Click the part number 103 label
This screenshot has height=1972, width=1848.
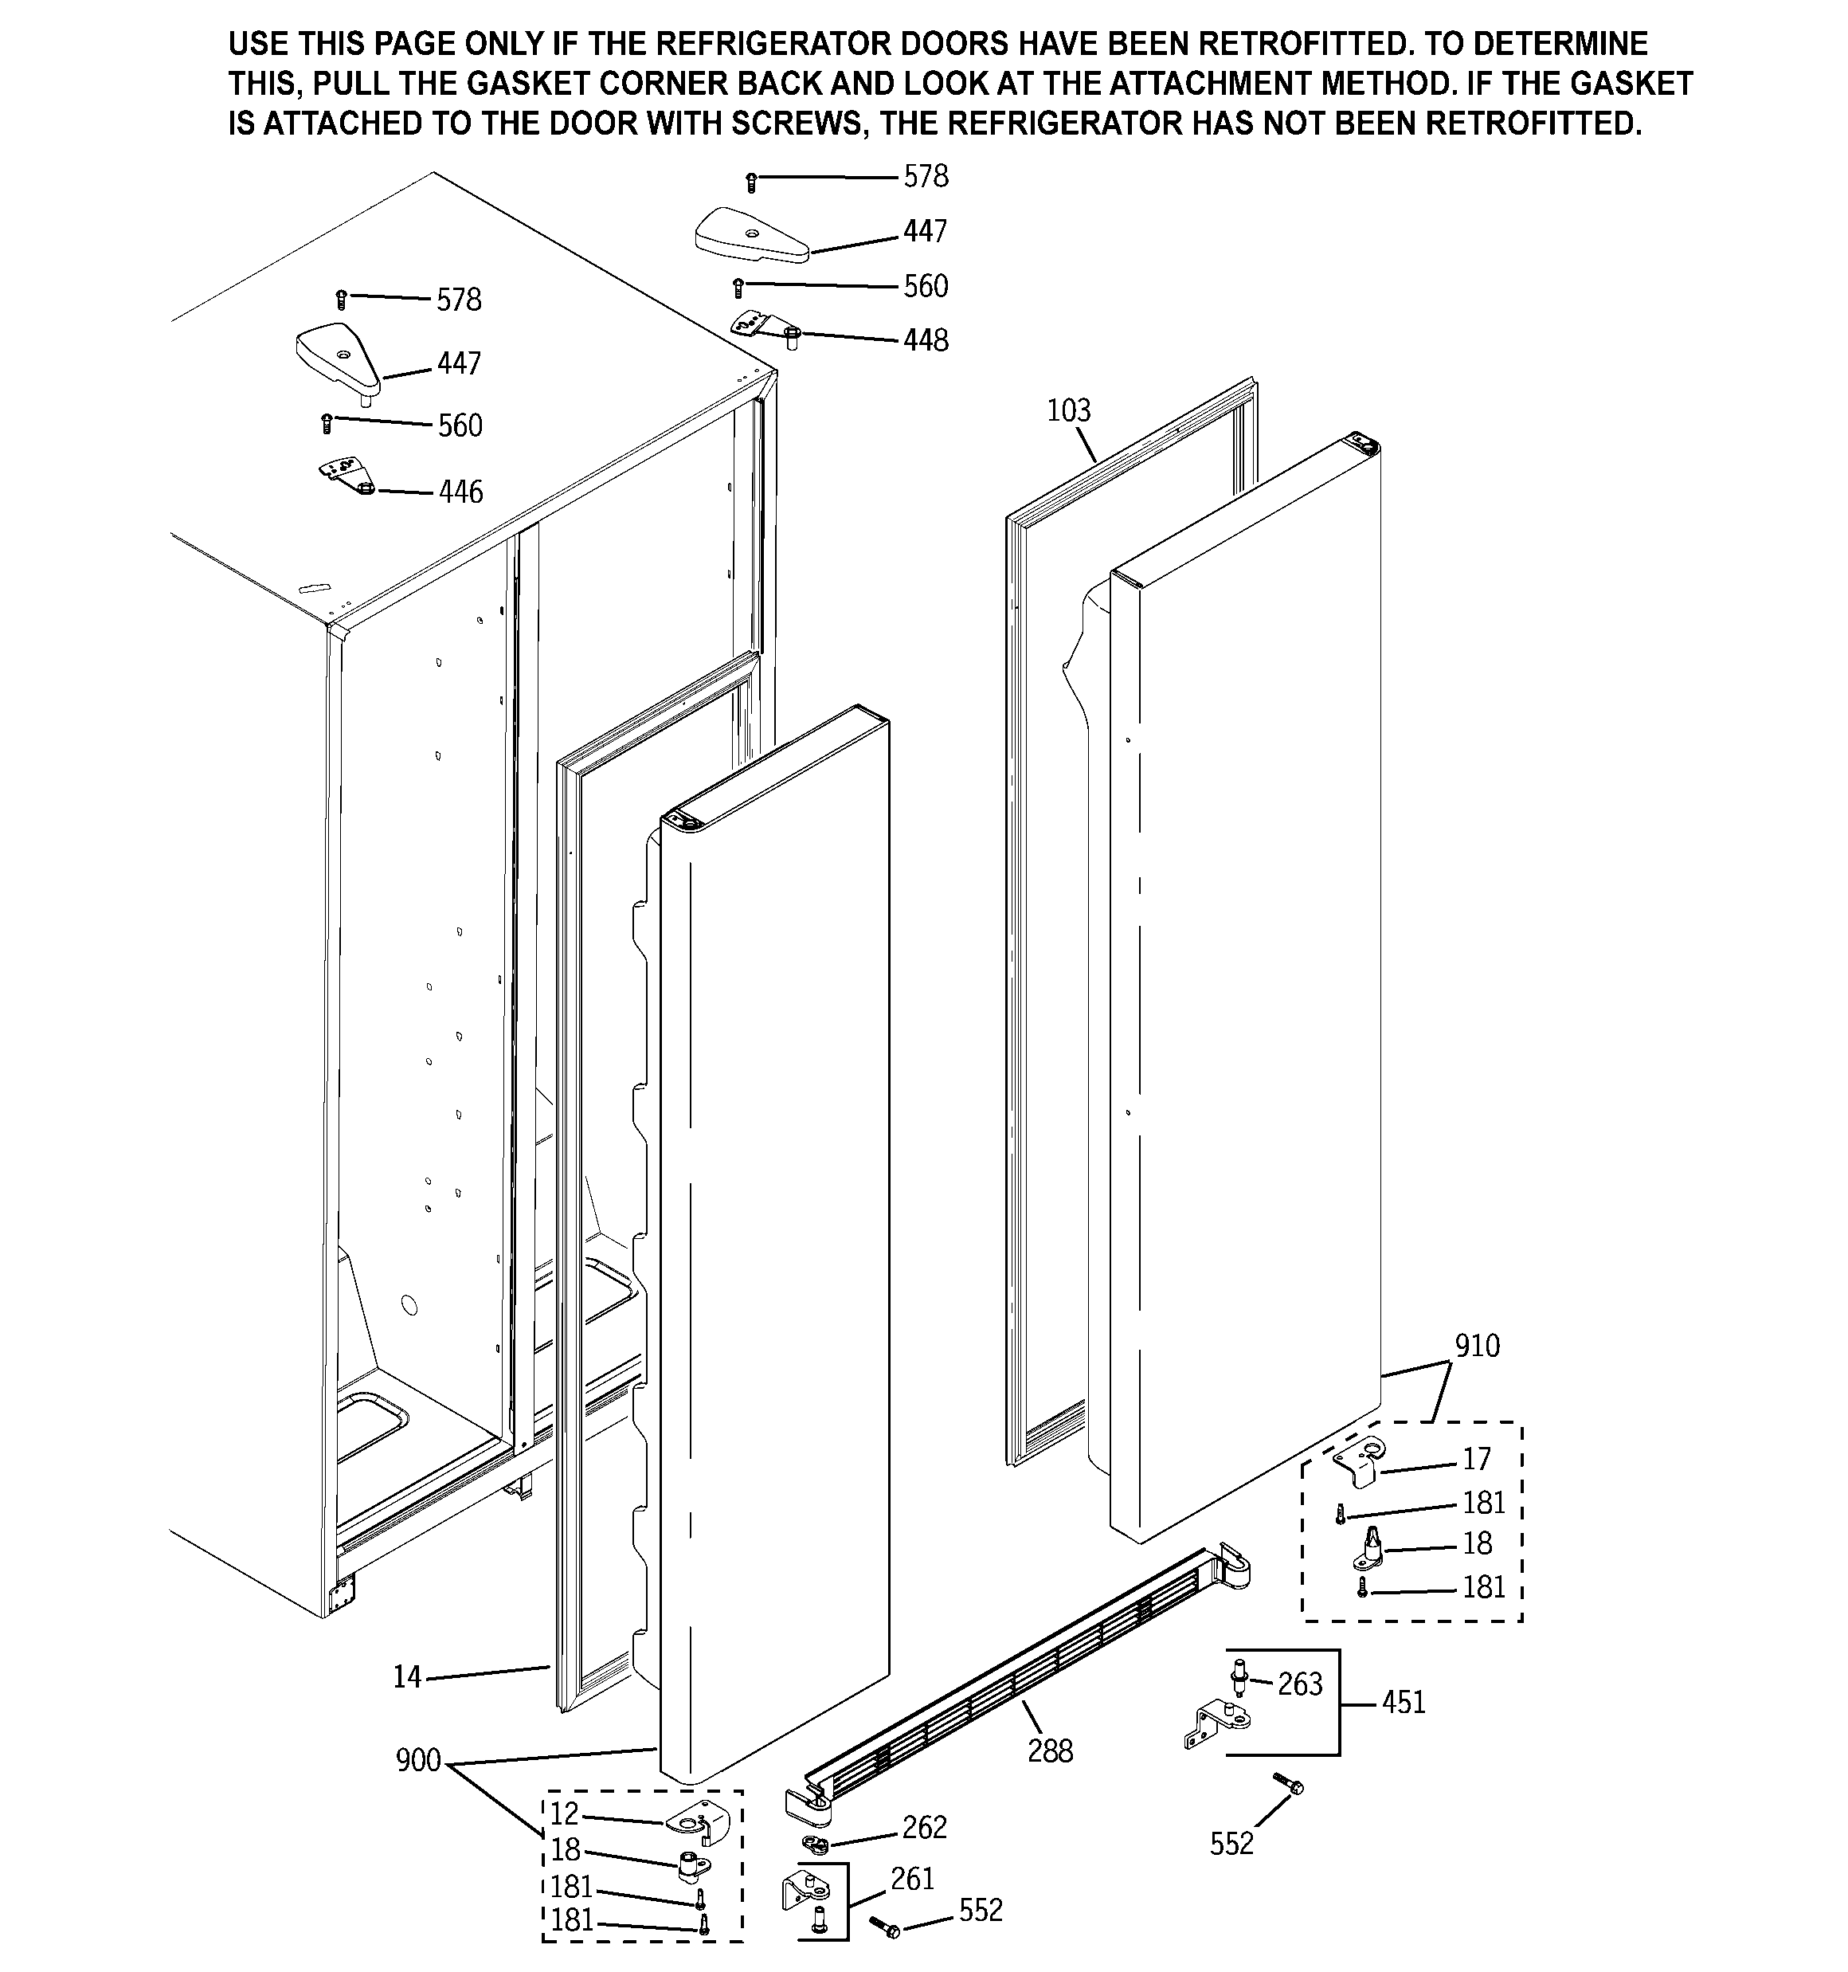(x=1068, y=410)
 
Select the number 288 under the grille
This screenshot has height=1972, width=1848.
(x=1050, y=1750)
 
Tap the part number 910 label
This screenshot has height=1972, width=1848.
(x=1477, y=1346)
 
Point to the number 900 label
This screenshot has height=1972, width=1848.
(x=417, y=1761)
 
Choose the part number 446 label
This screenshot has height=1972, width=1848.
(x=460, y=492)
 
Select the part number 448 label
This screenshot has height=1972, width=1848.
(x=926, y=340)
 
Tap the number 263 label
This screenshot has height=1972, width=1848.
(x=1299, y=1684)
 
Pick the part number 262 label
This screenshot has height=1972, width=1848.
(x=923, y=1827)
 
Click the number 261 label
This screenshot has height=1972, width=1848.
(x=911, y=1879)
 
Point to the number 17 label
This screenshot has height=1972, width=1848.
(x=1476, y=1459)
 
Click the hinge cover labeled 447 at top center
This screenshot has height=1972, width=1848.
(x=751, y=236)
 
